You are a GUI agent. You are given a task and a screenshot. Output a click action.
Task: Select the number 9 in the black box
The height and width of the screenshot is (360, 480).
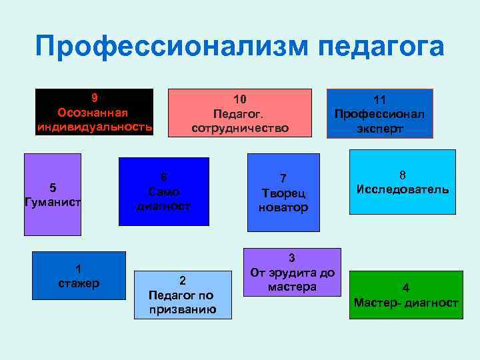point(94,97)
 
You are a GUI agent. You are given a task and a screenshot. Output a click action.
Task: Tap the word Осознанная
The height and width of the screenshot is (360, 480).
point(94,111)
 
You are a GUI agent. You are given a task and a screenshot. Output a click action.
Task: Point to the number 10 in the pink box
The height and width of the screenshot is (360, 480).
point(240,98)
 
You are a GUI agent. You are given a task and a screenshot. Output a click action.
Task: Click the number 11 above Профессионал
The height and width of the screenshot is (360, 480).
point(380,100)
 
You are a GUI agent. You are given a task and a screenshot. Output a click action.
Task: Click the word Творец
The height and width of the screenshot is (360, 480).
point(283,193)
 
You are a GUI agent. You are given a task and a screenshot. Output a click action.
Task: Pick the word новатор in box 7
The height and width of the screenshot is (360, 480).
point(283,207)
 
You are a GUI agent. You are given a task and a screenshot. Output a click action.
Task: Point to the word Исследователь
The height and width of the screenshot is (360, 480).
point(403,189)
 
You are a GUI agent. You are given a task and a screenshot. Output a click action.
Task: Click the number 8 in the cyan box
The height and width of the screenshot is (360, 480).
point(403,175)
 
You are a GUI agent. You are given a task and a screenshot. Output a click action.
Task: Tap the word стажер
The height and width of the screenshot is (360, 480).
point(79,283)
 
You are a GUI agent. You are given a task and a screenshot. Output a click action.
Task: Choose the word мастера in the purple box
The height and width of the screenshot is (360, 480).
point(292,287)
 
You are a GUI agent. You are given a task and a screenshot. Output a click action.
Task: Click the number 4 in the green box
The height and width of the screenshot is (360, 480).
point(406,289)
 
